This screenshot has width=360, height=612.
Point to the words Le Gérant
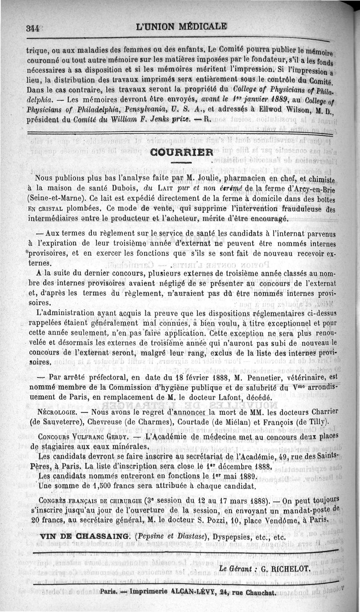click(x=235, y=568)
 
